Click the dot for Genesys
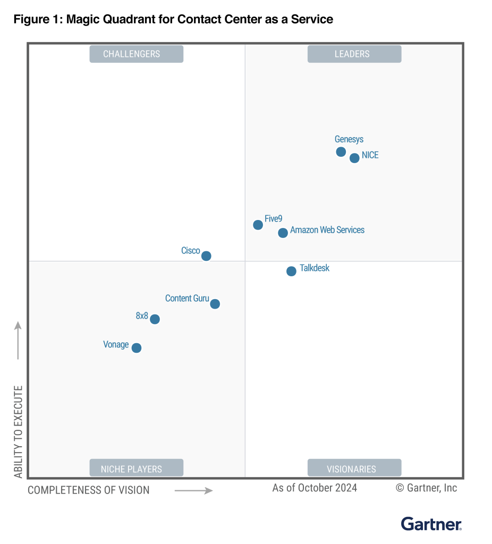click(341, 152)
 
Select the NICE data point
click(354, 158)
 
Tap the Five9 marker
click(258, 225)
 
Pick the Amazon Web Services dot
click(283, 233)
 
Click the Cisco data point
click(206, 256)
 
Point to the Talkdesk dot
click(291, 271)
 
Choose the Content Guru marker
click(215, 304)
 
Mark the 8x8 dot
click(155, 319)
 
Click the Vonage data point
click(137, 348)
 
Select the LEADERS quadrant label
click(354, 54)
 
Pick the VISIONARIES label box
click(354, 468)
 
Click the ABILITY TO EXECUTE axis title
click(19, 431)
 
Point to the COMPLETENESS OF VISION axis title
click(89, 490)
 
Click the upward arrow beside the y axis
click(18, 340)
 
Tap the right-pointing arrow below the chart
click(193, 490)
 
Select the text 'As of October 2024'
click(315, 488)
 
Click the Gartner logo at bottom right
click(431, 524)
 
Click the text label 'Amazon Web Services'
click(327, 230)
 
